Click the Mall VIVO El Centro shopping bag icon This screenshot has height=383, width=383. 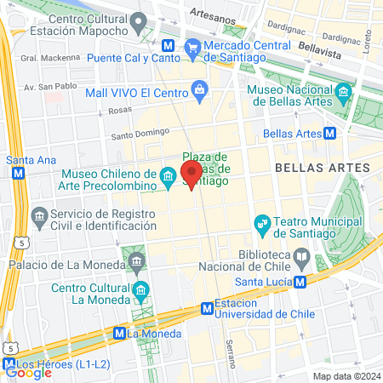point(199,89)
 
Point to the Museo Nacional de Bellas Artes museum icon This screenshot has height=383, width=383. point(343,91)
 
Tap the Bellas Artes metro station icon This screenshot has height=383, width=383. point(329,134)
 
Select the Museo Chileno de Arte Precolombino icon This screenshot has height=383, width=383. point(169,178)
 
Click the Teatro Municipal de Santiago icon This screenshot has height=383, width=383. point(263,225)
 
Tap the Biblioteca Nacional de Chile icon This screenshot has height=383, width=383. point(301,255)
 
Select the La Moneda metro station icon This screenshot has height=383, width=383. point(119,334)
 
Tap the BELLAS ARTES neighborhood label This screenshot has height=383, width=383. point(310,169)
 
